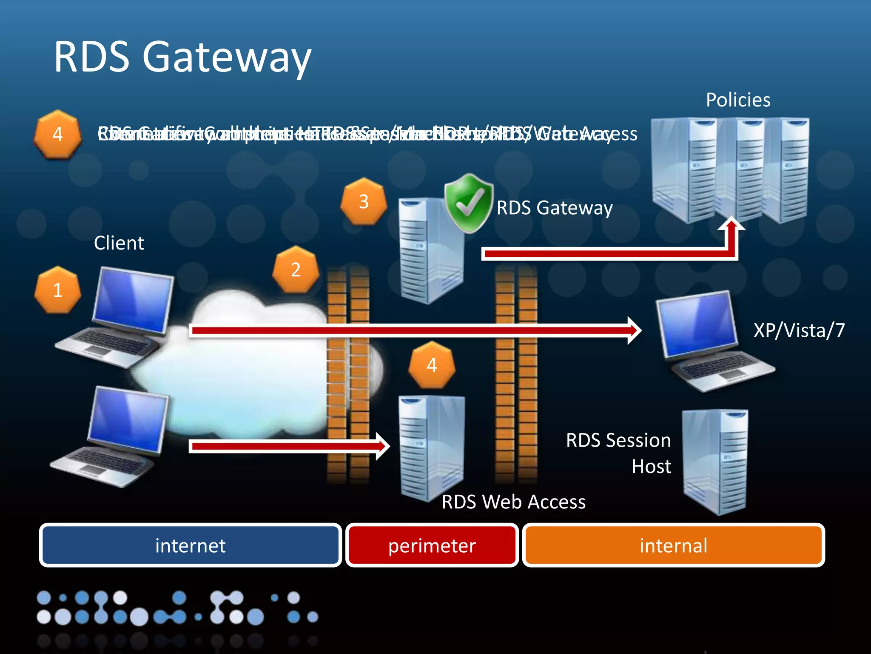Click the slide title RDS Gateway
click(x=183, y=57)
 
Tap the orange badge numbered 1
click(x=58, y=290)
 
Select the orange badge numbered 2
click(x=296, y=270)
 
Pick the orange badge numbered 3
click(x=364, y=201)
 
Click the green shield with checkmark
click(x=469, y=204)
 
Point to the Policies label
click(x=738, y=100)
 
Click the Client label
click(x=119, y=243)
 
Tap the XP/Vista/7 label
click(x=799, y=330)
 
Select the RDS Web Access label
click(x=513, y=502)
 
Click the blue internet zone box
click(x=190, y=545)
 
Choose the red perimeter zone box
click(x=432, y=545)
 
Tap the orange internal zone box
click(x=673, y=545)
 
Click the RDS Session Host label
click(x=619, y=453)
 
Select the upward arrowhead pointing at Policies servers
click(x=731, y=224)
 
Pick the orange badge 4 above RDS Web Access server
click(x=432, y=365)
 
